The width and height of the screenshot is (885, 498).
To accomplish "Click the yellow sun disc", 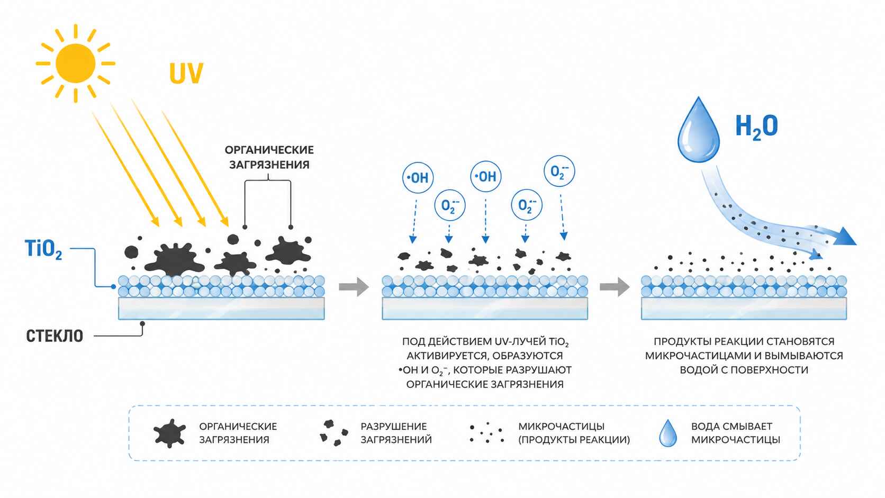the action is (x=75, y=63).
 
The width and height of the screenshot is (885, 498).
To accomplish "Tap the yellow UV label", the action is (x=186, y=73).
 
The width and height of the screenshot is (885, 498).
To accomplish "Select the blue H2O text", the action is (x=756, y=127).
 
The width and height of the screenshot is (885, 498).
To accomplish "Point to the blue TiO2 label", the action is (x=43, y=250).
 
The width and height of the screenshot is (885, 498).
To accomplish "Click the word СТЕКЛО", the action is (x=55, y=336).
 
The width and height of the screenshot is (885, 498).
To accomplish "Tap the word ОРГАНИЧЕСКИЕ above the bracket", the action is (x=269, y=150).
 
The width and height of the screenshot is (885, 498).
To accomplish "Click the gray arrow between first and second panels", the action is (x=354, y=286).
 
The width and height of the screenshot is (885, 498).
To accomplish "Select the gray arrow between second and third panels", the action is (x=615, y=286).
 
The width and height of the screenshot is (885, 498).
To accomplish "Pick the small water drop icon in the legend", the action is (x=668, y=433).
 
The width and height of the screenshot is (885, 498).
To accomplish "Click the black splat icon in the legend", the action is (x=169, y=433).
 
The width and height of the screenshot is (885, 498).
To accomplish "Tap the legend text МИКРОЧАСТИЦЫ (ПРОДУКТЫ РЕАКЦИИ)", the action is (x=574, y=433).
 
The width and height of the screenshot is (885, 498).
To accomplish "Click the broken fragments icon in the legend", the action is (x=333, y=433).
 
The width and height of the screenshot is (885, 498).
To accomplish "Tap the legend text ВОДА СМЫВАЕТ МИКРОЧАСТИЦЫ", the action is (x=736, y=433).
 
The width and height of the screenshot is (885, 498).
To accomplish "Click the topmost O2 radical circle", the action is (x=559, y=171).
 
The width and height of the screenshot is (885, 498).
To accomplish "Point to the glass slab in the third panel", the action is (x=744, y=308).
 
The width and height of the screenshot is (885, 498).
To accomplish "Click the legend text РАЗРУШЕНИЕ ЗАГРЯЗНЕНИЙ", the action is (x=396, y=433).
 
